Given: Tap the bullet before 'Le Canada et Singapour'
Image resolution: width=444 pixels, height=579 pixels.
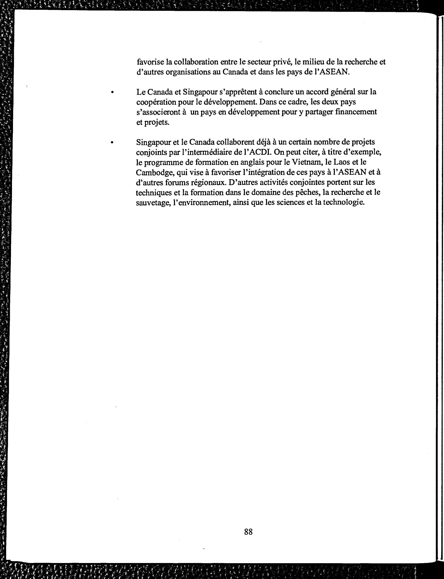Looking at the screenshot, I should (x=112, y=92).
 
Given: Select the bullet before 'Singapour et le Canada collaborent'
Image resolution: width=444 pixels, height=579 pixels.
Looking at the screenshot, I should (x=112, y=143).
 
